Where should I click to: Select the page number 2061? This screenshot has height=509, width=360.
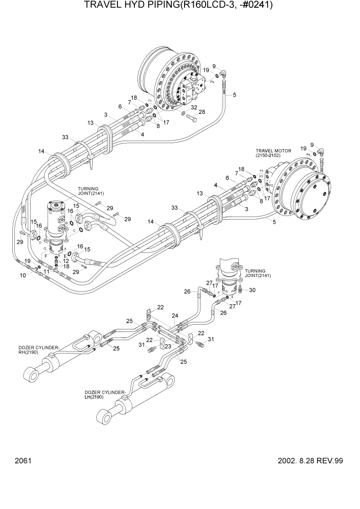[24, 461]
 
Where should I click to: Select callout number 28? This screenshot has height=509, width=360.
[202, 112]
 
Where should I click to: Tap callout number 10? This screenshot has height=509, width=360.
[23, 276]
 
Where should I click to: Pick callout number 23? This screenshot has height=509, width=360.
[167, 346]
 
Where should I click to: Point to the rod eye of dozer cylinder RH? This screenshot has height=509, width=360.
[34, 376]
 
